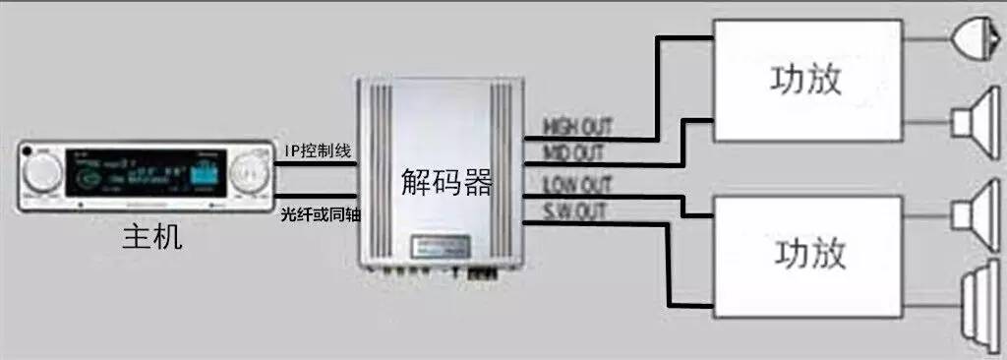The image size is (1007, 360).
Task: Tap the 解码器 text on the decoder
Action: pyautogui.click(x=446, y=181)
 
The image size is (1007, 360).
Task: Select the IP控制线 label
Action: pyautogui.click(x=316, y=150)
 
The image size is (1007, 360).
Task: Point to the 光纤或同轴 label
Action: pyautogui.click(x=320, y=213)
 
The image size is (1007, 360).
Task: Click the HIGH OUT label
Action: pyautogui.click(x=578, y=127)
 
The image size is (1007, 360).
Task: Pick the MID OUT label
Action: pyautogui.click(x=574, y=152)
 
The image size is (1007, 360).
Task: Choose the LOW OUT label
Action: pyautogui.click(x=576, y=184)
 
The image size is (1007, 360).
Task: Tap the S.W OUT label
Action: pyautogui.click(x=575, y=211)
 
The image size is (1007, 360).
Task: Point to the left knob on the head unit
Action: pyautogui.click(x=42, y=174)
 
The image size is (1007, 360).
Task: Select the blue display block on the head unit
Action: pyautogui.click(x=206, y=175)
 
